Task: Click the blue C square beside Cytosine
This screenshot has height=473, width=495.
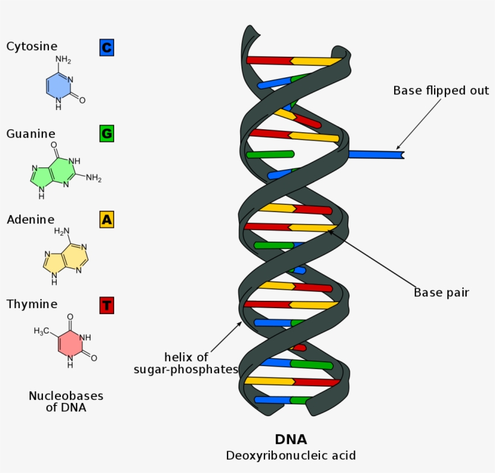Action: coord(107,47)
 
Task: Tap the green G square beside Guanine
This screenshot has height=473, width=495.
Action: coord(107,134)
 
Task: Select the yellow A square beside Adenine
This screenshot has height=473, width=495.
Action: coord(107,219)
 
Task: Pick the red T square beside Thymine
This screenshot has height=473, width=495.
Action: coord(107,304)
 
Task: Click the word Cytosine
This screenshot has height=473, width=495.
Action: coord(32,47)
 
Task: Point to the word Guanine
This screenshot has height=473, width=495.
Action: coord(31,134)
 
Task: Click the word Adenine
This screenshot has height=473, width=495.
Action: coord(30,219)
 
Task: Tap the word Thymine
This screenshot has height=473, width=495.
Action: coord(32,304)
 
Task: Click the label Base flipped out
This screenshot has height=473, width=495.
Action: coord(441,91)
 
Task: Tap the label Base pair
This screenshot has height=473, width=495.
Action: coord(441,292)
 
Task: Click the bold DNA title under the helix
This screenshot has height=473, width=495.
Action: coord(291,440)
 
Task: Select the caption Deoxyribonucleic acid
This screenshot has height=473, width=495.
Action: coord(291,455)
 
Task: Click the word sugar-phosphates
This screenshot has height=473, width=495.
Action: coord(186,369)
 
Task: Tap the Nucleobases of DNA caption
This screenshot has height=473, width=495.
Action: coord(66,402)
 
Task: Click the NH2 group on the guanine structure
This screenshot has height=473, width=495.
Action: coord(93,178)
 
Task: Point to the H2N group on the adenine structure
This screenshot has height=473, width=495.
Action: coord(63,231)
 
